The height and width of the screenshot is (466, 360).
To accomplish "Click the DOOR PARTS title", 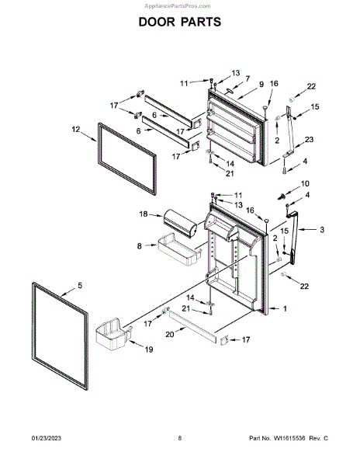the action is pos(180,22).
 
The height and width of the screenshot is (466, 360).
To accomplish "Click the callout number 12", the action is pos(76,129).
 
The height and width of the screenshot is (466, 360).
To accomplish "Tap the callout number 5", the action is pos(80,285).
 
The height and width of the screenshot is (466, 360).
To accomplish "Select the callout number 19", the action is pos(149,349).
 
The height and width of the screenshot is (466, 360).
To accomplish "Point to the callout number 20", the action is pos(170,335).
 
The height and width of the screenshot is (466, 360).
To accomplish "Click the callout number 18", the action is pos(144,214).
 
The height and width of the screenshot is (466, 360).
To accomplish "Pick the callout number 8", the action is pos(140,246).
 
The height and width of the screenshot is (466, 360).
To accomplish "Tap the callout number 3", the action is pos(322,229).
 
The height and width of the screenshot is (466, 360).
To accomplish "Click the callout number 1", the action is pos(285,309).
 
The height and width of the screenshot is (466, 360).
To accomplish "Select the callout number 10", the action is pos(305,183).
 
